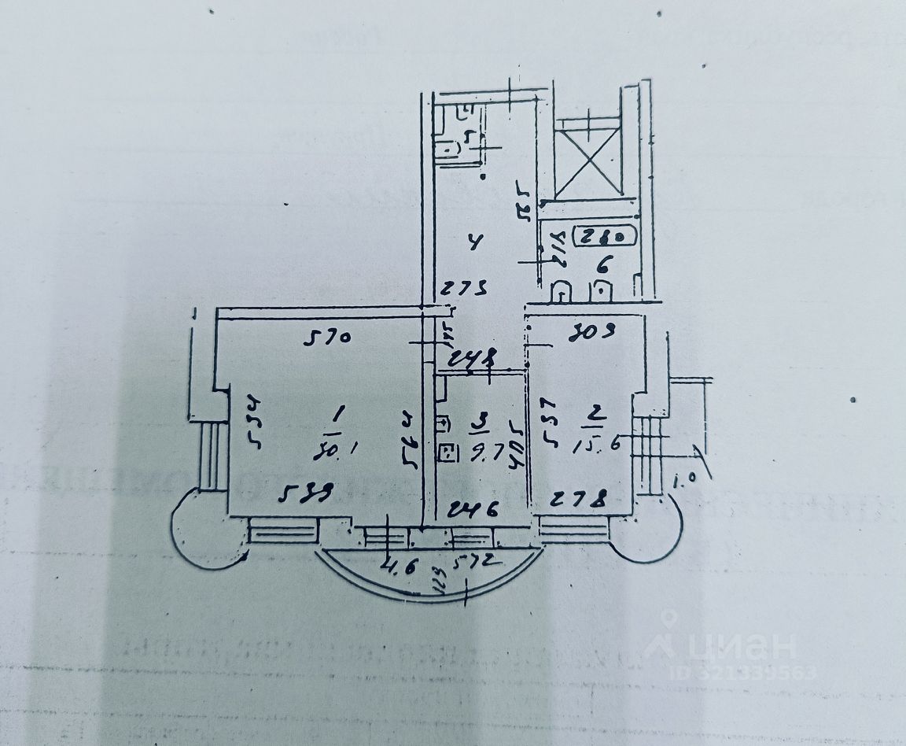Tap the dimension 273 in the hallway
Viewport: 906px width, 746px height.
pos(462,288)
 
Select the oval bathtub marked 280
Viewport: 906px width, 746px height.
pos(600,234)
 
